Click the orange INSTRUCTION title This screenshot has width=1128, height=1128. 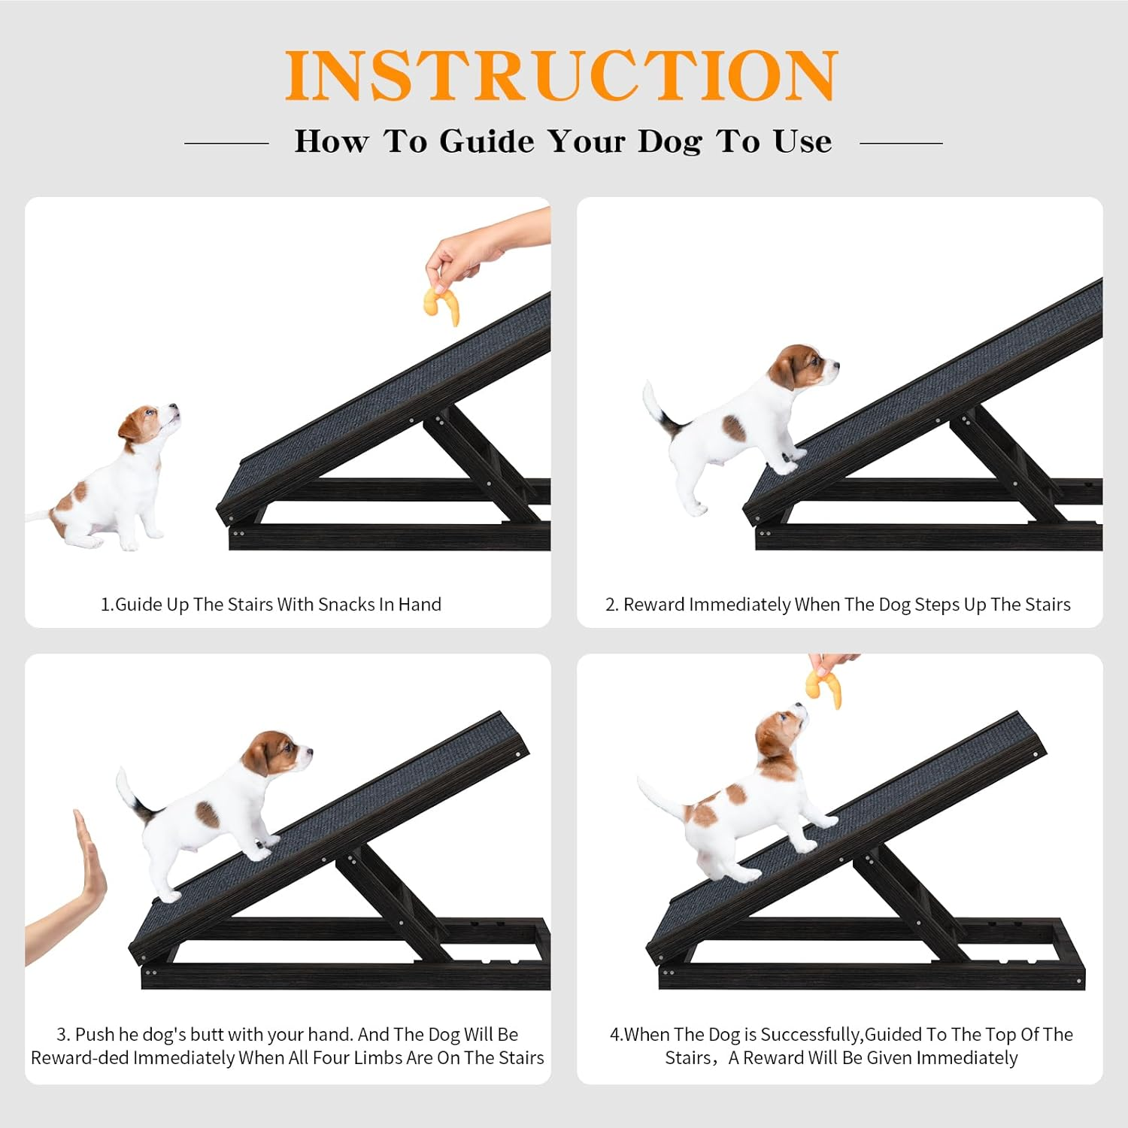561,75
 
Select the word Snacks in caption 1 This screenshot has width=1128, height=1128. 347,605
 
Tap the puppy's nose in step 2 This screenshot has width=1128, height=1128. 835,367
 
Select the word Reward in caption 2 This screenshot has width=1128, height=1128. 653,605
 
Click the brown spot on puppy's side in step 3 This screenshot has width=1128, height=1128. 207,814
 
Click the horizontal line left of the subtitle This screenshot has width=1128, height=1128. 226,142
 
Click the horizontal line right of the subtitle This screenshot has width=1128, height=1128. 901,142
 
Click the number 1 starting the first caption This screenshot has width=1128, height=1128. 105,605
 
